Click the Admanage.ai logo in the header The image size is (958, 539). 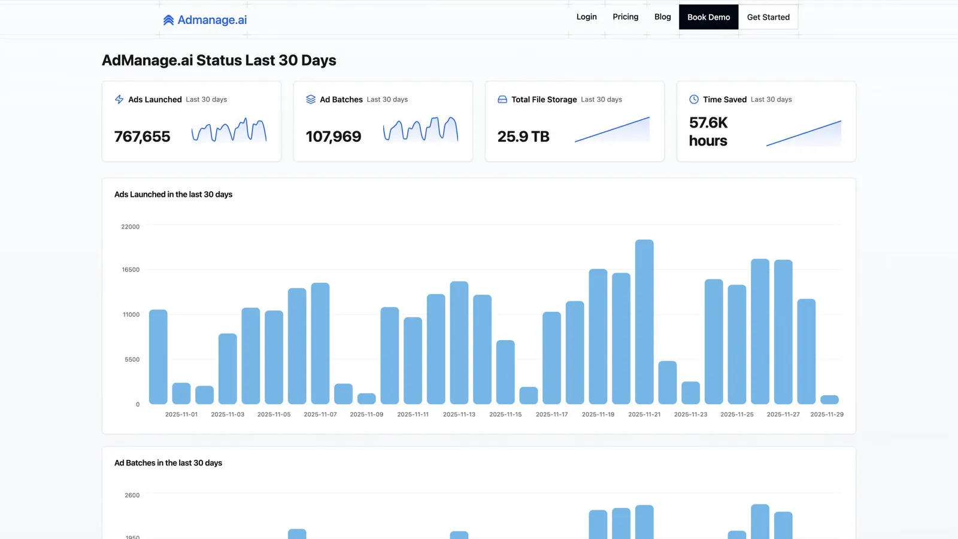(x=205, y=20)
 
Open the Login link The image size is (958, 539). (x=586, y=17)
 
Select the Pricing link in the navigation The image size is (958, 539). (x=625, y=17)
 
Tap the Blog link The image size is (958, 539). (x=662, y=17)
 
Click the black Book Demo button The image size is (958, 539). (x=709, y=17)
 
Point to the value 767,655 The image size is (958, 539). (x=142, y=137)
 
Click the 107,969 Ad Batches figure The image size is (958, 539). (x=333, y=137)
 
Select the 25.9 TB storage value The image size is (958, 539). (x=523, y=137)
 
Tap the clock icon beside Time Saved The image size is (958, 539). (x=694, y=99)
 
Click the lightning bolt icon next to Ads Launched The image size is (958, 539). (x=119, y=99)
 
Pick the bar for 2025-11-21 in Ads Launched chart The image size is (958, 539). (x=644, y=322)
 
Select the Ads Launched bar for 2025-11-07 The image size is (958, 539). (x=320, y=344)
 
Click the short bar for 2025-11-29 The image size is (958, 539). (x=829, y=399)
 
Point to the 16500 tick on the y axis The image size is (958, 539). (x=131, y=269)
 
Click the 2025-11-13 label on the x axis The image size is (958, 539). (x=459, y=414)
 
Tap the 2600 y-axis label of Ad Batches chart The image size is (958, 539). (x=132, y=495)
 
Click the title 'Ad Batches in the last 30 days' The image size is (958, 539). (x=168, y=463)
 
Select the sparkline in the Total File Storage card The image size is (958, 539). (x=612, y=129)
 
